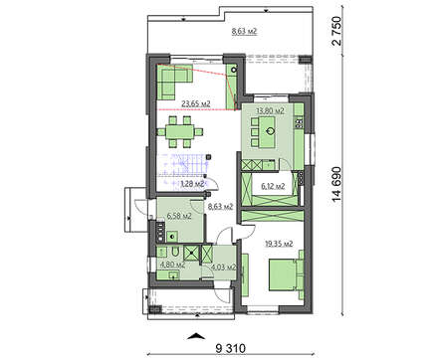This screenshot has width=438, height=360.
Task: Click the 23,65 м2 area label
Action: tap(196, 103)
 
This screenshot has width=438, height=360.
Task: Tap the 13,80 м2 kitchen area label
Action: tap(270, 110)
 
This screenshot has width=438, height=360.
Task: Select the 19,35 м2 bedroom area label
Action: tap(279, 244)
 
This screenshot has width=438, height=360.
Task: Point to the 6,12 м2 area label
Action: tap(273, 186)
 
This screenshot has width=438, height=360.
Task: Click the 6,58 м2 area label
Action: tap(179, 217)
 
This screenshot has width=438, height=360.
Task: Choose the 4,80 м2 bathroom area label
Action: tap(172, 265)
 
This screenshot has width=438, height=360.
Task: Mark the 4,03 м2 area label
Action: tap(224, 267)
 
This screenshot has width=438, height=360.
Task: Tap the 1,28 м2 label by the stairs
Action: tap(192, 184)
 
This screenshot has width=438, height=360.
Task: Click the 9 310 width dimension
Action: tap(231, 348)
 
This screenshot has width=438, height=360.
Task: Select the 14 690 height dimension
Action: tap(336, 184)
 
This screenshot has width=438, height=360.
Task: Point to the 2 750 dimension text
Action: tap(336, 31)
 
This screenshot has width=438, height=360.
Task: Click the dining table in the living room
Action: tap(180, 131)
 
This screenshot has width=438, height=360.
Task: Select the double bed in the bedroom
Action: tap(286, 274)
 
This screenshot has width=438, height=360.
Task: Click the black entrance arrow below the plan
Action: tap(196, 336)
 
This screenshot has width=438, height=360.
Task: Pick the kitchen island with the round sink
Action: tap(269, 131)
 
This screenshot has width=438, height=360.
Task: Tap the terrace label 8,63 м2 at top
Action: tap(244, 32)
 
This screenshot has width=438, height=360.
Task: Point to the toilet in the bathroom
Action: tap(175, 251)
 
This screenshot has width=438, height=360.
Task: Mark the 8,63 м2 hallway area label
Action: tap(220, 207)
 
